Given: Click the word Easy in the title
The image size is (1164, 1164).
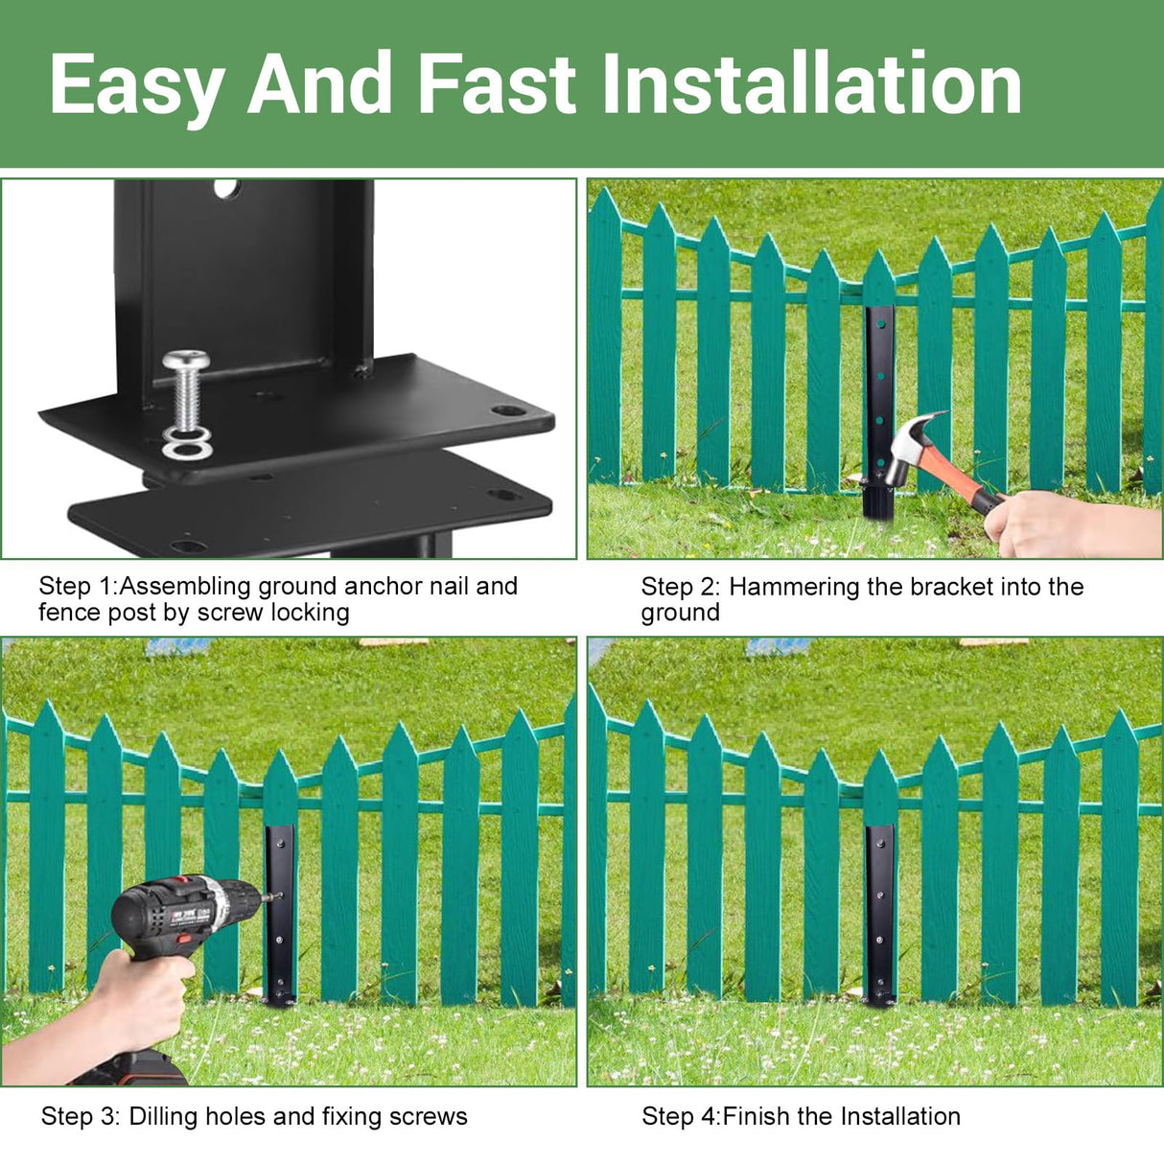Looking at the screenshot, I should [136, 85].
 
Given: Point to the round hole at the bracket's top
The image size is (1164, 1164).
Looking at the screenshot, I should [227, 188].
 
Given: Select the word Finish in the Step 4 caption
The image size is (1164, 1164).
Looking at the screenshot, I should [757, 1116].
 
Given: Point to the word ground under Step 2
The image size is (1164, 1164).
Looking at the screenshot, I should [680, 613].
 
